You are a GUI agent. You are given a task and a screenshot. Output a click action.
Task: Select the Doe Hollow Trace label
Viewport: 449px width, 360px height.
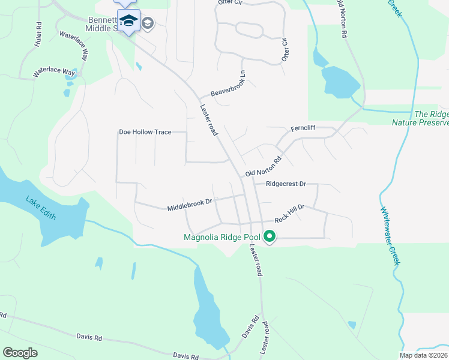(145, 132)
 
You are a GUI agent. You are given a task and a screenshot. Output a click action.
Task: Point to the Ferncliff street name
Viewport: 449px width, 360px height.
(303, 128)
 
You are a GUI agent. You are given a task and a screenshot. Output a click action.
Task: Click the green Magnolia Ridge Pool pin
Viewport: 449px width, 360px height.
(270, 236)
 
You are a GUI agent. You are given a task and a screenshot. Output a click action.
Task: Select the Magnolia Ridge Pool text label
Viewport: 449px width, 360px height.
(222, 237)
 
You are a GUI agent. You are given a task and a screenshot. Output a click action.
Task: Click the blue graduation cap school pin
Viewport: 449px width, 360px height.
(128, 22)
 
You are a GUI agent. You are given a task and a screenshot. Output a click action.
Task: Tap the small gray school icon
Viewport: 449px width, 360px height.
(148, 23)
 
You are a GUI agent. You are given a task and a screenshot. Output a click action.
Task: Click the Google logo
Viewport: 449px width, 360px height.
(20, 352)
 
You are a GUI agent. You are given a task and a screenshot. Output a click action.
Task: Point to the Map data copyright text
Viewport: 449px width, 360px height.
(423, 355)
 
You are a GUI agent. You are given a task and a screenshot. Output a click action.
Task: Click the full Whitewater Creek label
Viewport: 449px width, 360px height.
(389, 235)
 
